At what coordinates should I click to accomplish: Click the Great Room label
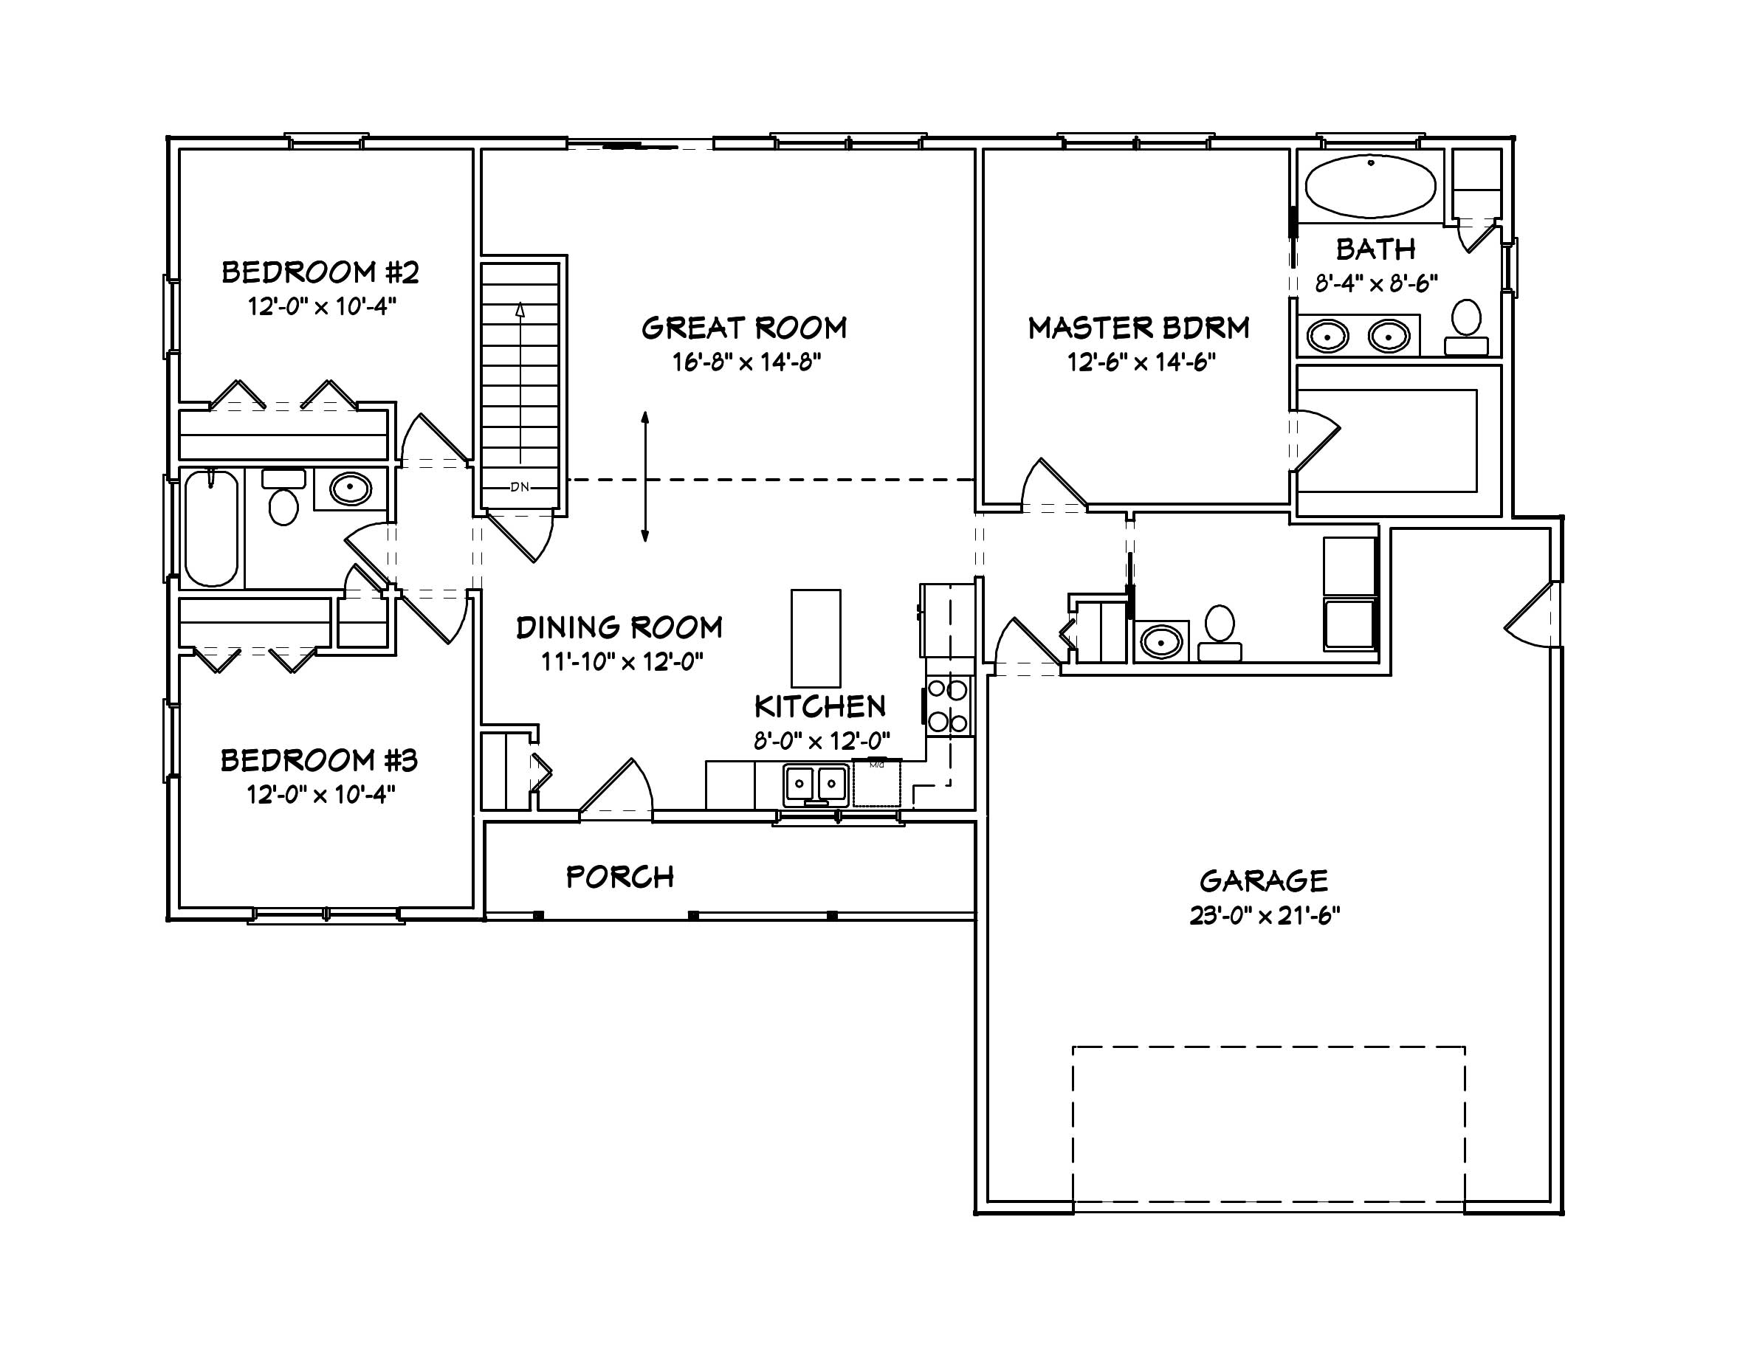coord(743,328)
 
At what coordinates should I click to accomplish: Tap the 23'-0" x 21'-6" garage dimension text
coord(1264,916)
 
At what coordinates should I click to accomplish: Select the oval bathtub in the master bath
coord(1370,186)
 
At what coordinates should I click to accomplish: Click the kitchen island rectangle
coord(815,638)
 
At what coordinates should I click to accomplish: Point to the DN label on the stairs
coord(520,487)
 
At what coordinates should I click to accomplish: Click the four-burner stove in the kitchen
coord(948,706)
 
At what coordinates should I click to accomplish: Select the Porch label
coord(619,878)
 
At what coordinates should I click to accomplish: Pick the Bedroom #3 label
coord(319,760)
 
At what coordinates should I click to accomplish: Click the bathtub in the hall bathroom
coord(211,528)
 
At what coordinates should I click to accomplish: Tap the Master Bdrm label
coord(1138,328)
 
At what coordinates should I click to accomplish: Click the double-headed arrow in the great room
coord(645,477)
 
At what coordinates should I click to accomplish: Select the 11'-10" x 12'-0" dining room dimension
coord(621,662)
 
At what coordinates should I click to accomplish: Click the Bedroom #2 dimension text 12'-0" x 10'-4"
coord(321,306)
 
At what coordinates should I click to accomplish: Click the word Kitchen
coord(819,706)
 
